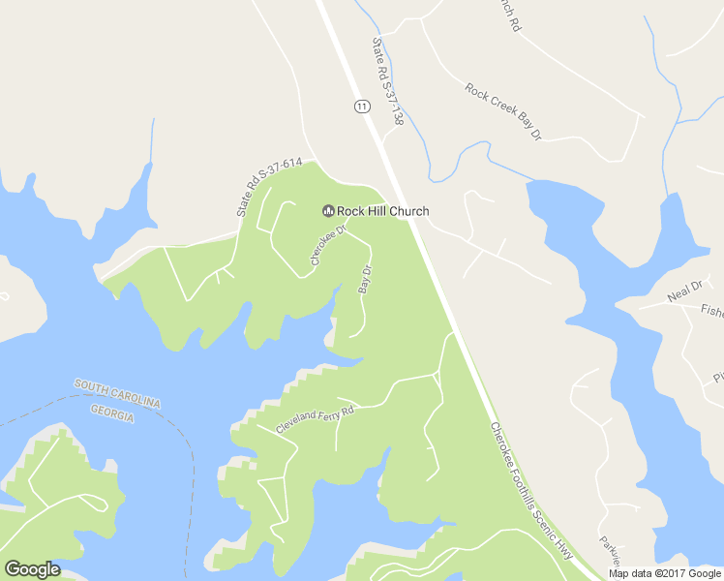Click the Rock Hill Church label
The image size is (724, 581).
click(x=382, y=211)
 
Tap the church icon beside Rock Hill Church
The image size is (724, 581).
click(x=327, y=211)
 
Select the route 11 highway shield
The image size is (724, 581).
click(x=361, y=106)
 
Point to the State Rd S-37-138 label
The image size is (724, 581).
click(x=387, y=81)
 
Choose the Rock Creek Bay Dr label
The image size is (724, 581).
click(x=502, y=112)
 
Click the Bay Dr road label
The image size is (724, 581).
click(x=366, y=279)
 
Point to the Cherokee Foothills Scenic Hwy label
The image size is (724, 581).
click(x=530, y=490)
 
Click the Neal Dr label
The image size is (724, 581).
click(x=683, y=292)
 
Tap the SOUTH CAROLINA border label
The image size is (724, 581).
click(x=117, y=393)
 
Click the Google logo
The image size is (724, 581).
click(x=32, y=569)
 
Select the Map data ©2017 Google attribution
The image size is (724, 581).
click(x=665, y=573)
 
